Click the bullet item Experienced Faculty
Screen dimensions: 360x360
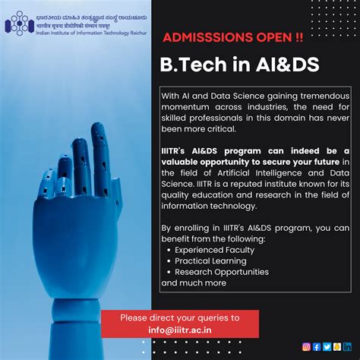click(x=215, y=249)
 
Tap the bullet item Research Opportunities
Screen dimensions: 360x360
click(x=222, y=272)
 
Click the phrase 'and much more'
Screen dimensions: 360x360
click(x=194, y=283)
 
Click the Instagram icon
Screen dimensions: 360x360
click(x=307, y=346)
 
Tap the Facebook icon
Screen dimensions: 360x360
click(x=317, y=346)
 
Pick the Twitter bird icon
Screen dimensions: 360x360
click(x=327, y=346)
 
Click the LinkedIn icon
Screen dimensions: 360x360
click(x=347, y=346)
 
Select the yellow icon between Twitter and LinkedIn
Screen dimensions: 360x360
click(x=336, y=346)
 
